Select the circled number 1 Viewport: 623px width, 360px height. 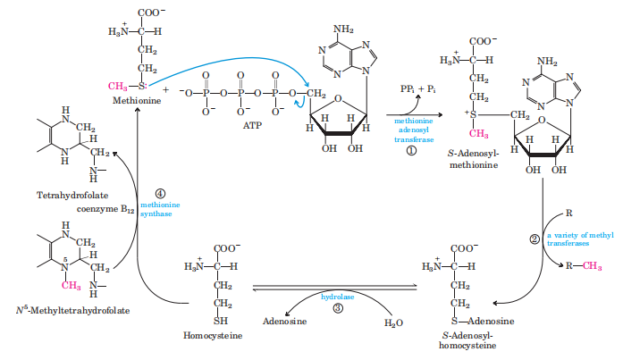pos(412,151)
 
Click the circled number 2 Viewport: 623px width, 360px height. pos(534,239)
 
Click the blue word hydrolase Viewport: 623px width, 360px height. pos(338,297)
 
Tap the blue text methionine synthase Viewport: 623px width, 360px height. pos(160,210)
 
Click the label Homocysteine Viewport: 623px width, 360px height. pos(208,335)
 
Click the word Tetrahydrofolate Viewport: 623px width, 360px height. pos(69,193)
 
